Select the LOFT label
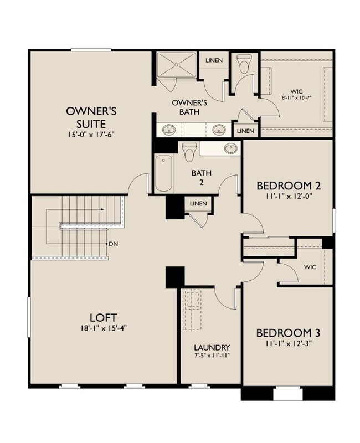[103, 317]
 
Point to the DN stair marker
[112, 244]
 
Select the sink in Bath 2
[230, 148]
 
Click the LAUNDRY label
[212, 348]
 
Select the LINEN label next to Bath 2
[198, 204]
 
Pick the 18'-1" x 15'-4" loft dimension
[103, 328]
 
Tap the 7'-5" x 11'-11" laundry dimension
[212, 356]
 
